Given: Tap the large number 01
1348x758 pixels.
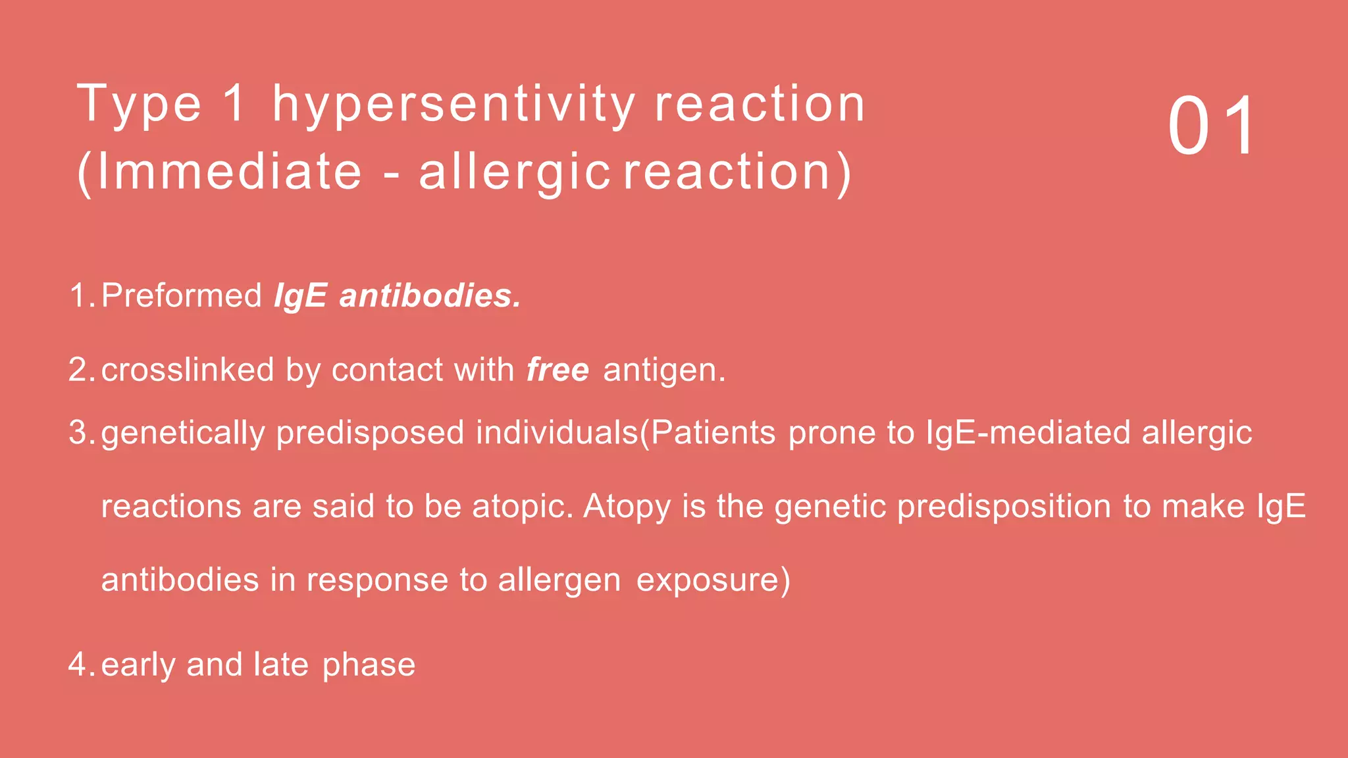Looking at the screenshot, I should [x=1212, y=126].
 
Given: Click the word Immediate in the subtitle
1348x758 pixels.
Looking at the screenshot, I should [x=229, y=172].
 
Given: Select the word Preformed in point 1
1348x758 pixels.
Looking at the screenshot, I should [x=182, y=295].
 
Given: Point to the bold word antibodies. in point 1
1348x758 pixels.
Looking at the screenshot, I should [x=430, y=295].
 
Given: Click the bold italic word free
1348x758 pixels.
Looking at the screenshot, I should [x=557, y=369].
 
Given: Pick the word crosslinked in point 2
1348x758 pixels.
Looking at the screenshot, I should [x=188, y=369].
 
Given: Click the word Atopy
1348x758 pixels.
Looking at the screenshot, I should [x=627, y=507].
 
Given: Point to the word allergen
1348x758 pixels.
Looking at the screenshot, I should [x=559, y=580].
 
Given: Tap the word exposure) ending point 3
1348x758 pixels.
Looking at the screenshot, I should [x=713, y=580].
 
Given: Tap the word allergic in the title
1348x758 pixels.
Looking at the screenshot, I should [x=515, y=172].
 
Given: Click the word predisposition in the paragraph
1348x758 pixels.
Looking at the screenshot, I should [x=1004, y=507].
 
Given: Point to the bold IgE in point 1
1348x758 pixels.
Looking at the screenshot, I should [x=300, y=295].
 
